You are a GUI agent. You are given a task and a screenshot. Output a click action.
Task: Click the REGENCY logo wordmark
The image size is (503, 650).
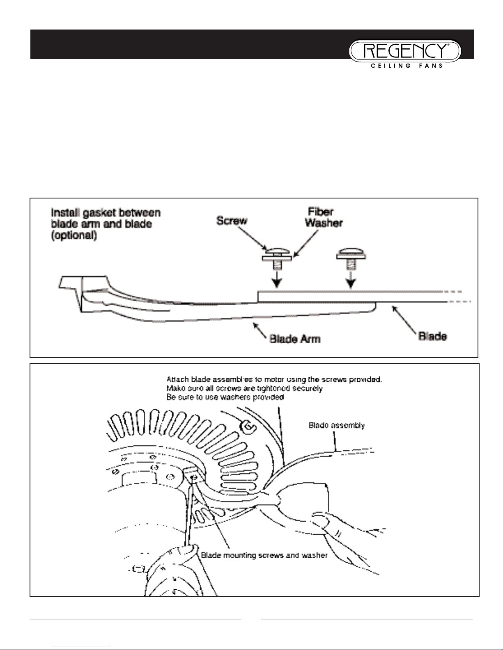[x=405, y=51]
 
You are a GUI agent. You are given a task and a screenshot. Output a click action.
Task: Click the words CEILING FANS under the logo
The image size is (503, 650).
[x=404, y=66]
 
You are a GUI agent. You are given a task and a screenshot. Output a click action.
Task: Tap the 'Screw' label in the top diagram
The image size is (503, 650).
[x=232, y=221]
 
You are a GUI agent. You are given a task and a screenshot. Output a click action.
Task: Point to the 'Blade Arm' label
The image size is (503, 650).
[x=295, y=339]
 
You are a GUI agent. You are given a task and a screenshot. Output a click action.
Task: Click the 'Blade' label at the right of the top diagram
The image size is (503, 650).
[x=432, y=336]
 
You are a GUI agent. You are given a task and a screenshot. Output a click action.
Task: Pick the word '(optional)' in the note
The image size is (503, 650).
[x=74, y=236]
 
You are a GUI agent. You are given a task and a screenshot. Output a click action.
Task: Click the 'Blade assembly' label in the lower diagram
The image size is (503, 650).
[x=336, y=426]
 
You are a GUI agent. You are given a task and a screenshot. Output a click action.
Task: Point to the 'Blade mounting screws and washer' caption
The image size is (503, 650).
[x=264, y=556]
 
